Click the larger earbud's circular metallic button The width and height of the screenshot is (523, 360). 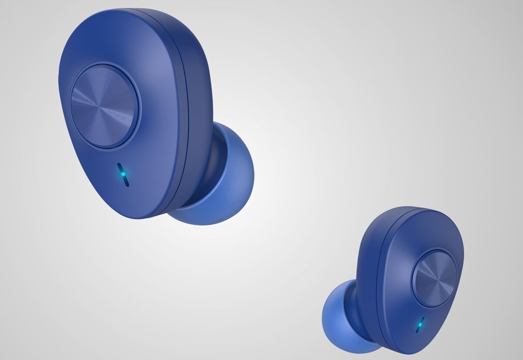pyautogui.click(x=105, y=107)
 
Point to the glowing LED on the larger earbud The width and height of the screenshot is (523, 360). pyautogui.click(x=123, y=174)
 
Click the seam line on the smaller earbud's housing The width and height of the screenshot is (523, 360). pyautogui.click(x=379, y=283)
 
